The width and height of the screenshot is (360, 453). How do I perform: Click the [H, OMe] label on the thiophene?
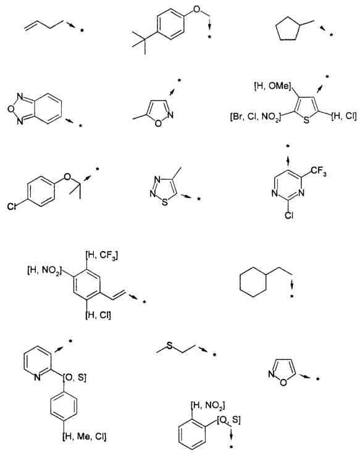pyautogui.click(x=272, y=86)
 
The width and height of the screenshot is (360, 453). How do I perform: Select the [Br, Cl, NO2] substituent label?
pyautogui.click(x=255, y=118)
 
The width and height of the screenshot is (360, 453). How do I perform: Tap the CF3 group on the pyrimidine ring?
pyautogui.click(x=319, y=172)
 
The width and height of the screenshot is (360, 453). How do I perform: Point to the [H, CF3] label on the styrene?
pyautogui.click(x=102, y=256)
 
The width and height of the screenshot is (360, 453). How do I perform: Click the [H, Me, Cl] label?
pyautogui.click(x=85, y=436)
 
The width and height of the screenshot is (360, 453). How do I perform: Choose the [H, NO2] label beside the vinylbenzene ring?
pyautogui.click(x=44, y=271)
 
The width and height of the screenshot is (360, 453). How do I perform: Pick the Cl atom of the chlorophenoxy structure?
pyautogui.click(x=12, y=207)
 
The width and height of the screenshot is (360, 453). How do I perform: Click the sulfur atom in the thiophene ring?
pyautogui.click(x=306, y=120)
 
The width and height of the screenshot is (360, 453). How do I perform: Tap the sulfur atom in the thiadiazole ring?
pyautogui.click(x=165, y=202)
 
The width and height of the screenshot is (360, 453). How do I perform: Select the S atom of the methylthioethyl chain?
pyautogui.click(x=169, y=345)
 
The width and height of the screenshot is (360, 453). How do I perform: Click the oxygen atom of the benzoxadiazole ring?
pyautogui.click(x=10, y=109)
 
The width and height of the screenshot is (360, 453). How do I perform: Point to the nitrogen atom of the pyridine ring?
pyautogui.click(x=37, y=377)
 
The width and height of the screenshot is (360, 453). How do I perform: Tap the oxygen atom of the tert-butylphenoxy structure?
pyautogui.click(x=196, y=9)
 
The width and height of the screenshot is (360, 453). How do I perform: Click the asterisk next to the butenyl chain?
pyautogui.click(x=82, y=31)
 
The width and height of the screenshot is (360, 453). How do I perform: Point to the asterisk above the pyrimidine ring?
pyautogui.click(x=288, y=147)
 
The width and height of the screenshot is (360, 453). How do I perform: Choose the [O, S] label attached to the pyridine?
pyautogui.click(x=74, y=378)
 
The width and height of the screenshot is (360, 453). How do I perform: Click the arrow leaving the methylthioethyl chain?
pyautogui.click(x=203, y=350)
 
